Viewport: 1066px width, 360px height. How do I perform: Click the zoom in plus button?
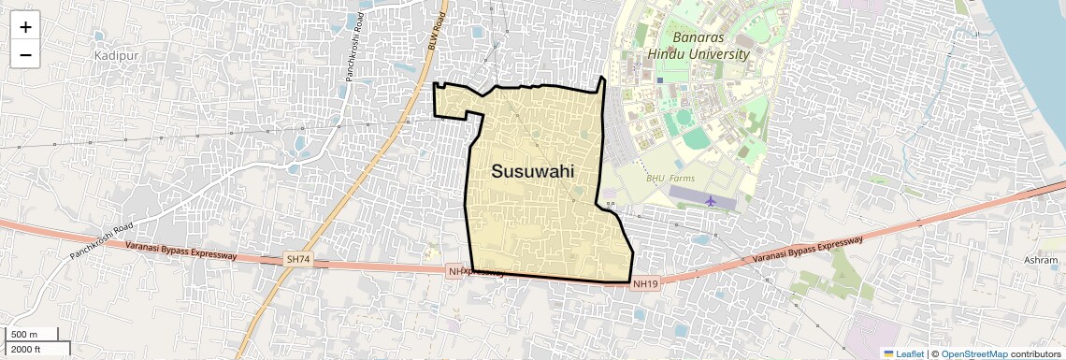coord(25,27)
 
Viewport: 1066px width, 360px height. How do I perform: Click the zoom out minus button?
coord(25,55)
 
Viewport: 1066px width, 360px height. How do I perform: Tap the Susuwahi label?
coord(532,171)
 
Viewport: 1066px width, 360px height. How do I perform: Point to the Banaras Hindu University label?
coord(710,46)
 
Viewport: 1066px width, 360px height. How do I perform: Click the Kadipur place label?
coord(115,56)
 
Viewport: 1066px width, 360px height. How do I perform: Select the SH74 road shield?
coord(296,258)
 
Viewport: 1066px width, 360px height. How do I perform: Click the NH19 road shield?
coord(645,283)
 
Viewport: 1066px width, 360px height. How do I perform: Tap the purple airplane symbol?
coord(711,200)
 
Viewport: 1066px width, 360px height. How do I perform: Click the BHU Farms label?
coord(670,179)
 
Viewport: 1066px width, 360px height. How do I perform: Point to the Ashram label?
coord(1040,260)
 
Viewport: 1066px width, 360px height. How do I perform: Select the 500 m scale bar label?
coord(24,335)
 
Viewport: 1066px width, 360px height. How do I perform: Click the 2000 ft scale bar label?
coord(25,349)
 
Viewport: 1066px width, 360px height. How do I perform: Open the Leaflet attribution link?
coord(903,353)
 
